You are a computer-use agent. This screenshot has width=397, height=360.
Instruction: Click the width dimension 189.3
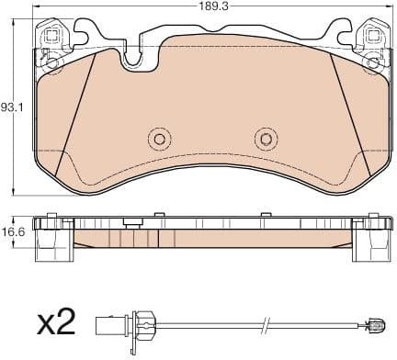(212, 7)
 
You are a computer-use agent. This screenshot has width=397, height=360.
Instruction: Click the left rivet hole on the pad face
(159, 139)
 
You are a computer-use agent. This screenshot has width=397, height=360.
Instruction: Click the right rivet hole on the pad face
(266, 139)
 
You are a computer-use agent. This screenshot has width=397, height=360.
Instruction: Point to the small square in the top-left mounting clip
(52, 37)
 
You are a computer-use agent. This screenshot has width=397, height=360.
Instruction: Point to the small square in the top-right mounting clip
(372, 37)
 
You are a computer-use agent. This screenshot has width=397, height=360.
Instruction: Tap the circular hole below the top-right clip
(372, 62)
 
